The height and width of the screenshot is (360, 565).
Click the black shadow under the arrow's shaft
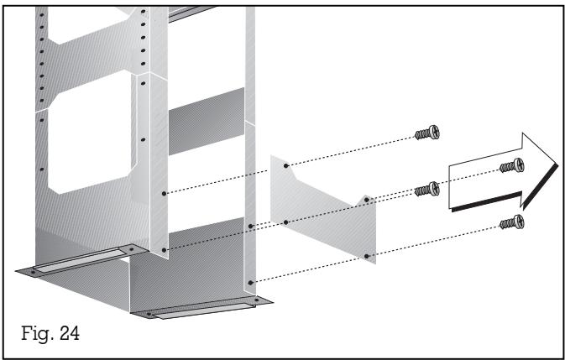tap(487, 202)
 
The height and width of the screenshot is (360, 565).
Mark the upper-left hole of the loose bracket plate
tap(286, 166)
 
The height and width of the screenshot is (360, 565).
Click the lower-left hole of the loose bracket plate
tap(286, 222)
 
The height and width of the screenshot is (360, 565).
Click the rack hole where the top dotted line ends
tap(165, 194)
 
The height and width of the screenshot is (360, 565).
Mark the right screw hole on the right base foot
tap(251, 298)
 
